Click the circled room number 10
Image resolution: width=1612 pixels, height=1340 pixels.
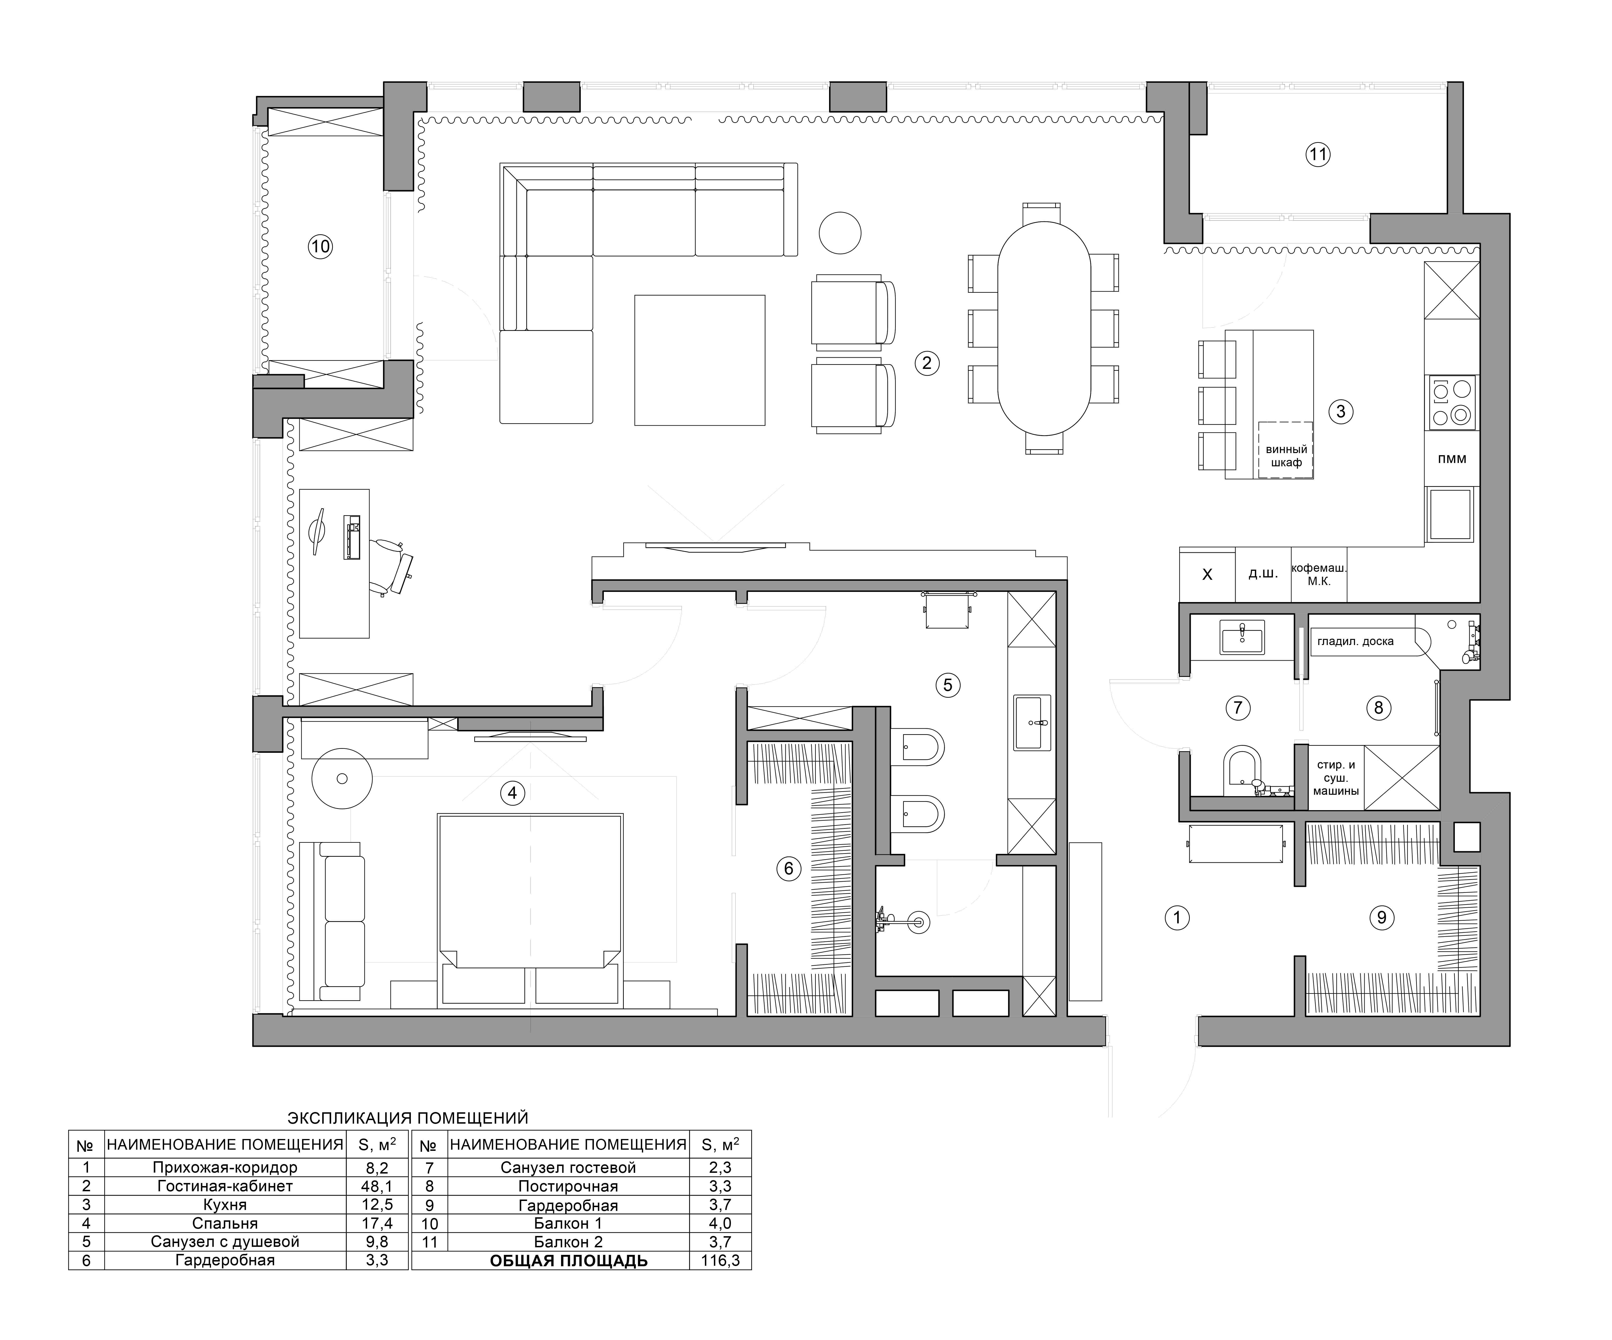tap(320, 246)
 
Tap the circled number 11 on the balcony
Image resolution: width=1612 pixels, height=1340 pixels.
tap(1317, 154)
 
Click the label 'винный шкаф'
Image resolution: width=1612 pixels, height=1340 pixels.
tap(1286, 456)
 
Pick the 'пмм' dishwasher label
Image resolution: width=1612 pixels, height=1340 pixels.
tap(1452, 459)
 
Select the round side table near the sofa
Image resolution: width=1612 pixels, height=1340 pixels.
tap(840, 232)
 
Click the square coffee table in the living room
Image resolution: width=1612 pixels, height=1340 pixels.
tap(699, 360)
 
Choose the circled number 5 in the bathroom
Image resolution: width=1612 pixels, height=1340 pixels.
tap(947, 685)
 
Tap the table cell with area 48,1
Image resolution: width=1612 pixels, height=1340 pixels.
tap(377, 1186)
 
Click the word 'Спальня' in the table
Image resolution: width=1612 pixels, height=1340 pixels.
tap(225, 1223)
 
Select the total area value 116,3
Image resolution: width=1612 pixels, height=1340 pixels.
tap(720, 1260)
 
